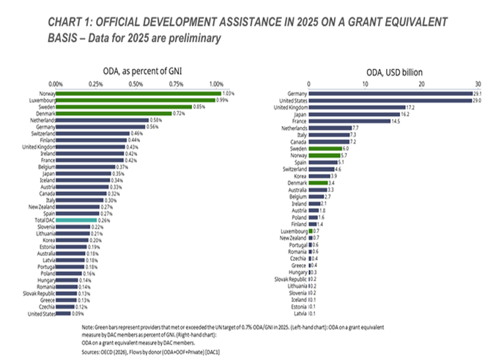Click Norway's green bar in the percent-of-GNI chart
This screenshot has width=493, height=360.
[138, 93]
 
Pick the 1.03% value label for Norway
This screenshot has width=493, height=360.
[229, 93]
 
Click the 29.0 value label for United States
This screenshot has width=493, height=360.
[478, 100]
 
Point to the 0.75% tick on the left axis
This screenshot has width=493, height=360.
[177, 83]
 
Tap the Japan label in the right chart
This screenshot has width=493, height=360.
[299, 114]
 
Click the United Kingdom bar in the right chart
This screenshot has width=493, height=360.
[357, 107]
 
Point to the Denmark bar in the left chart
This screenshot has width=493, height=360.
[114, 113]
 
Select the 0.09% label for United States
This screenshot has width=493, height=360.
[79, 314]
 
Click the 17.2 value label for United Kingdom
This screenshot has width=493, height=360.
[412, 107]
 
